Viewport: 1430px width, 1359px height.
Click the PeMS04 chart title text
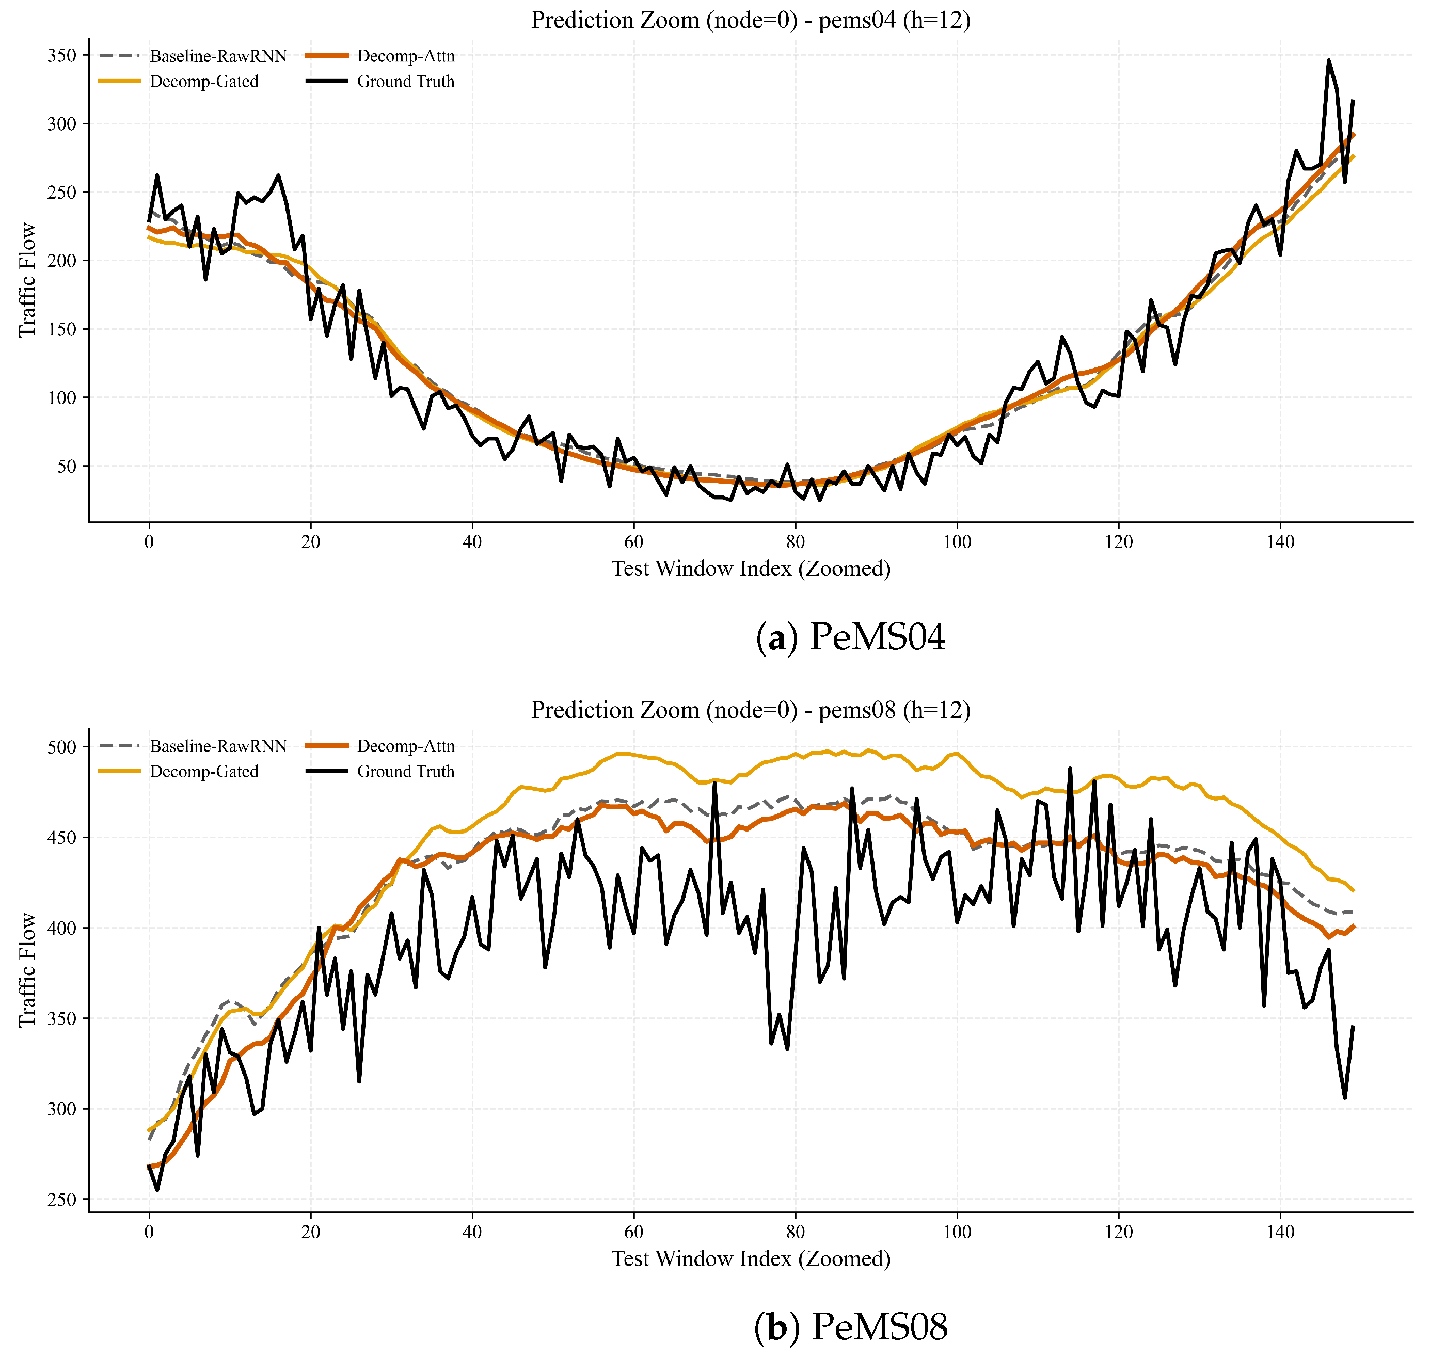click(x=751, y=20)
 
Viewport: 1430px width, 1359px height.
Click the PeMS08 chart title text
click(x=751, y=709)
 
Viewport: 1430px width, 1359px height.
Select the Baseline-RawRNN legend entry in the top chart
click(x=193, y=56)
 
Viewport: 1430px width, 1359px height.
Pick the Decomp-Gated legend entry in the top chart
click(x=178, y=81)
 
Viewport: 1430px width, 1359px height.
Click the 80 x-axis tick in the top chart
click(x=796, y=542)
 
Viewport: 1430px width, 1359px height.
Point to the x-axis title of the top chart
click(x=751, y=569)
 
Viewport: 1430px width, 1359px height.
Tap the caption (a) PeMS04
click(x=850, y=637)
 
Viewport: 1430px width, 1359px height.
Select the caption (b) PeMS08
click(x=850, y=1327)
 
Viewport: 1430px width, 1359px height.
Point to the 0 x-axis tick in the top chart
click(x=149, y=542)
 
